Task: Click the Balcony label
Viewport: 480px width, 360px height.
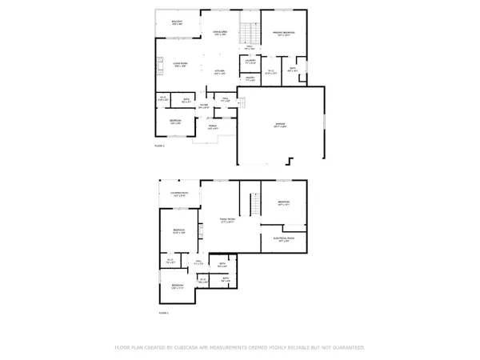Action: tap(177, 23)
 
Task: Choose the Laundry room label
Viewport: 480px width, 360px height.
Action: tap(250, 61)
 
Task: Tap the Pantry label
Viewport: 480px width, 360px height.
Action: tap(250, 78)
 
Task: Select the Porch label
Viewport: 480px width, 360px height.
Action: tap(213, 126)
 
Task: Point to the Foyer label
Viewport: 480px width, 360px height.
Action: tap(203, 106)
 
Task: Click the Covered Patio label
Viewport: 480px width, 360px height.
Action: tap(178, 194)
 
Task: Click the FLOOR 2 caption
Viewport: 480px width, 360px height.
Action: tap(158, 146)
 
